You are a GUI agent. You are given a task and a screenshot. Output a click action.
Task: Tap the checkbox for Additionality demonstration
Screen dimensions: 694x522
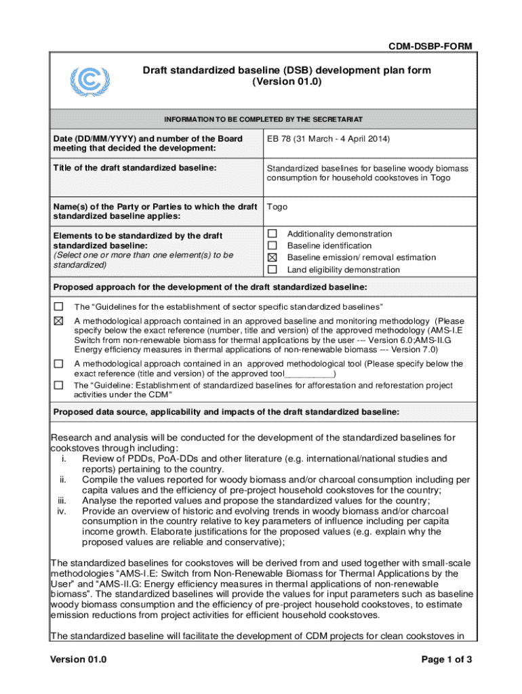pos(273,234)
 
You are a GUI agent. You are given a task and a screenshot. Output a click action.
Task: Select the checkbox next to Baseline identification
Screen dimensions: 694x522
pos(273,245)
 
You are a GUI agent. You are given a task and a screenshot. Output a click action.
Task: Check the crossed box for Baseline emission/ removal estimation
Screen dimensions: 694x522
pos(273,258)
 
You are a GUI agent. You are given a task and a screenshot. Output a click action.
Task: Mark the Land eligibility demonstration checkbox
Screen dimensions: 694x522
pos(273,269)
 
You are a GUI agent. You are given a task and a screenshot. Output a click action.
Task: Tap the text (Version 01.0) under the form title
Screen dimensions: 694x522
pos(286,82)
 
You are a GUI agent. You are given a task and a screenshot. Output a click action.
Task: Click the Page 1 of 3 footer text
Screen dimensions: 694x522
pos(446,659)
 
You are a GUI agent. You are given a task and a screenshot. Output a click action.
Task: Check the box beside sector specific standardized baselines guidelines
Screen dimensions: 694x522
pos(58,306)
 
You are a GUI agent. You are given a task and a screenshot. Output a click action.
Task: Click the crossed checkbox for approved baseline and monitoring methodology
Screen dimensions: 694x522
pos(58,321)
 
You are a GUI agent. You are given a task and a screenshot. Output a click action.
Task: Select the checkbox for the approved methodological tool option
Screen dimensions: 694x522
pos(58,364)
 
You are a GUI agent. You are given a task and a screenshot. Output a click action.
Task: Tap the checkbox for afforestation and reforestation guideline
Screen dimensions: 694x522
pos(58,385)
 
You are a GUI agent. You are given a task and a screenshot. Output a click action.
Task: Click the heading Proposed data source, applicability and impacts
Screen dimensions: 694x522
pos(226,412)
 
